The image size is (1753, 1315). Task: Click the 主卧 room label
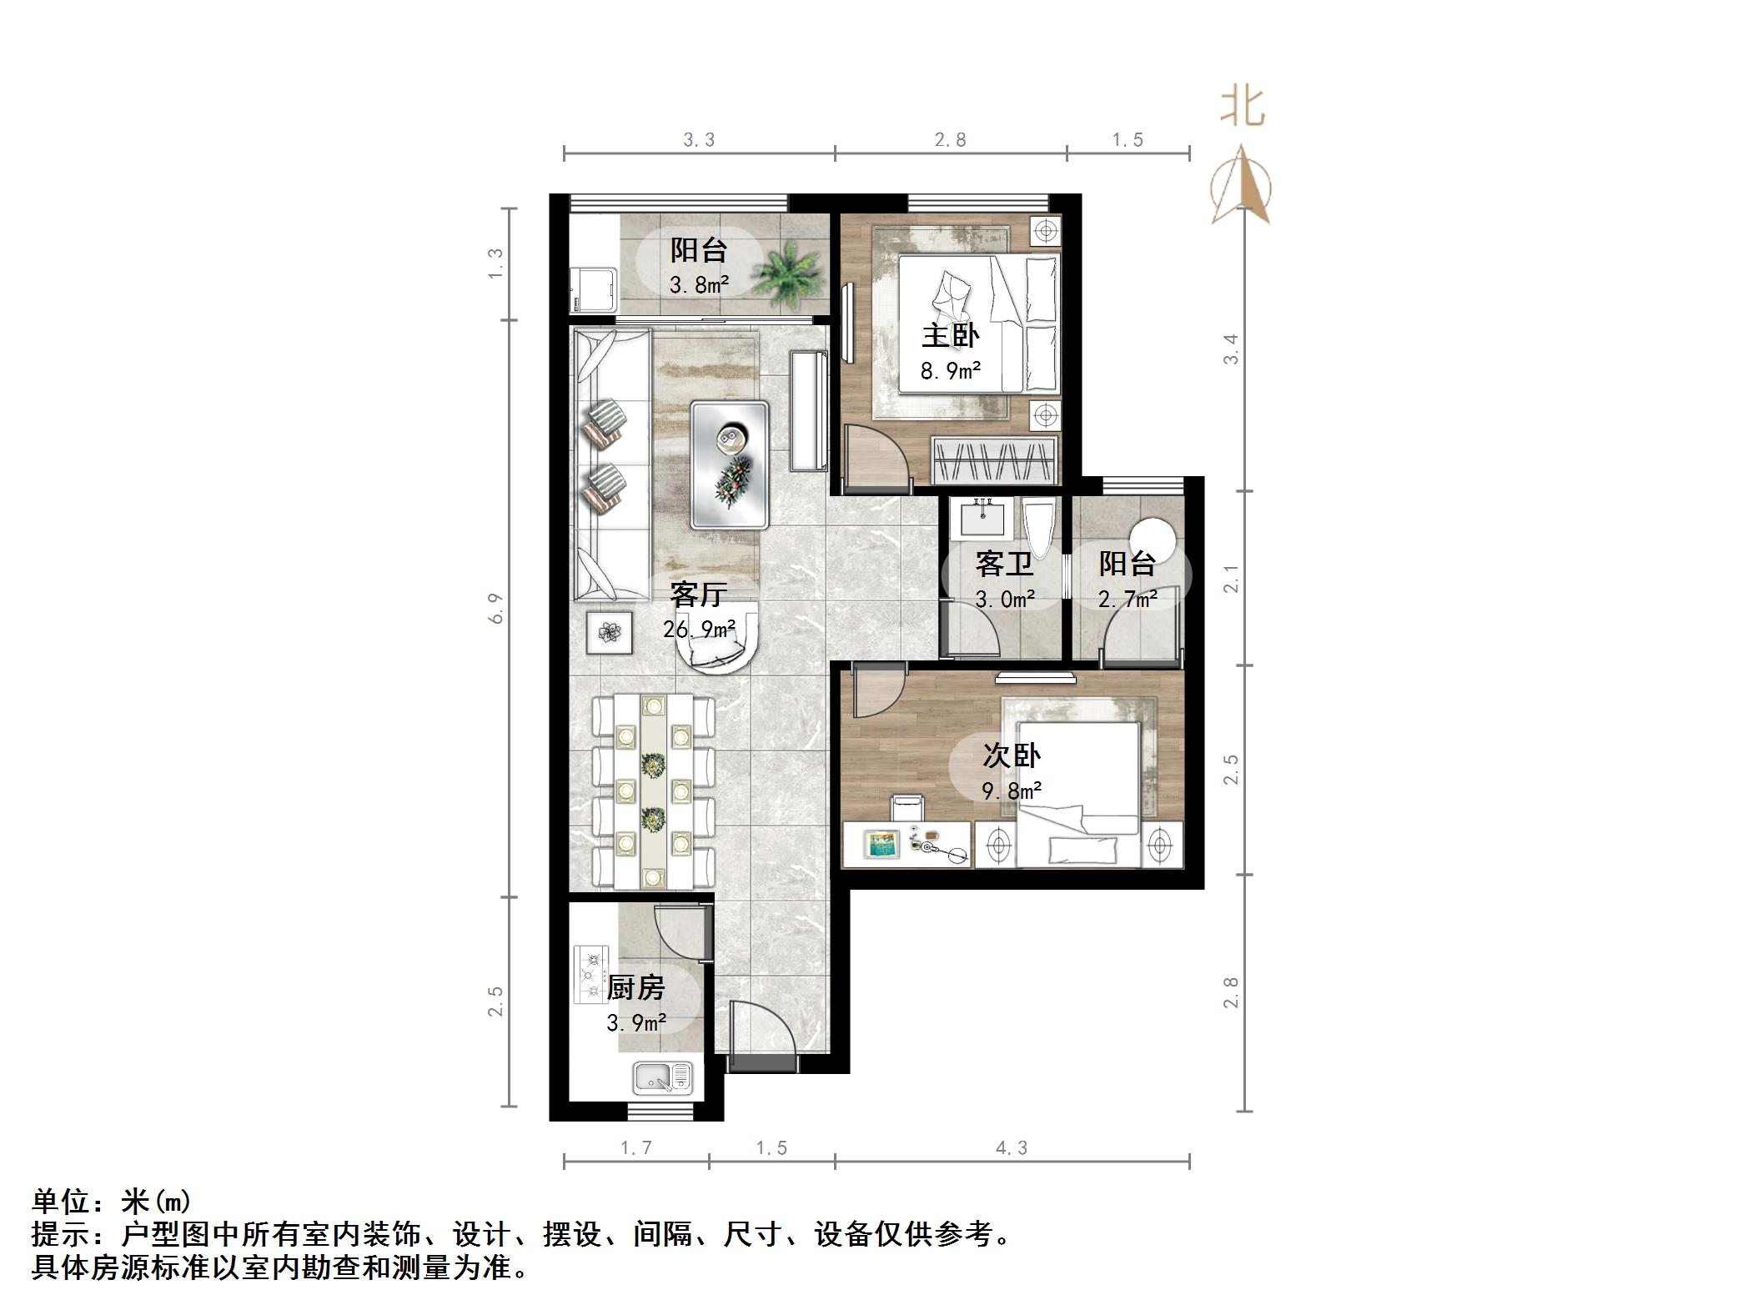[950, 336]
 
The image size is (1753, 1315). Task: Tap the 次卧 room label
[1011, 756]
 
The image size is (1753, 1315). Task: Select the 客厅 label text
[698, 595]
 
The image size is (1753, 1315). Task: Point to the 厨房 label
[635, 987]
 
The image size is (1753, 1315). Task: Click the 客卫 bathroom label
[1004, 565]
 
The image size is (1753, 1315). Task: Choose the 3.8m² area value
[699, 285]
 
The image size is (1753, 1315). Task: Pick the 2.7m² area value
[1128, 599]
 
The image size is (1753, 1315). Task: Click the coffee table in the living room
[729, 464]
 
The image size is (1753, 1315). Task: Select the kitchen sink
[663, 1077]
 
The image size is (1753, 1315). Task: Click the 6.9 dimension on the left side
[496, 608]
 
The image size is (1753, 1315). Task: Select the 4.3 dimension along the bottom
[1011, 1148]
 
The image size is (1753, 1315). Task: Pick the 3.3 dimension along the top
[699, 140]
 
